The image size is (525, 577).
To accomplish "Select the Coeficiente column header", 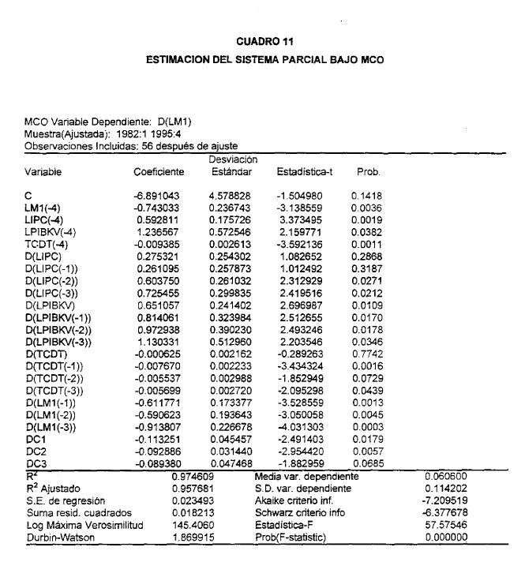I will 159,171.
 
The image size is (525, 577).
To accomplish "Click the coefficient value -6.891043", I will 159,193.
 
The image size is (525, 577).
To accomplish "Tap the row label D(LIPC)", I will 41,257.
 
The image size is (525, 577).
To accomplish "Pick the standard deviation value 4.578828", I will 230,193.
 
